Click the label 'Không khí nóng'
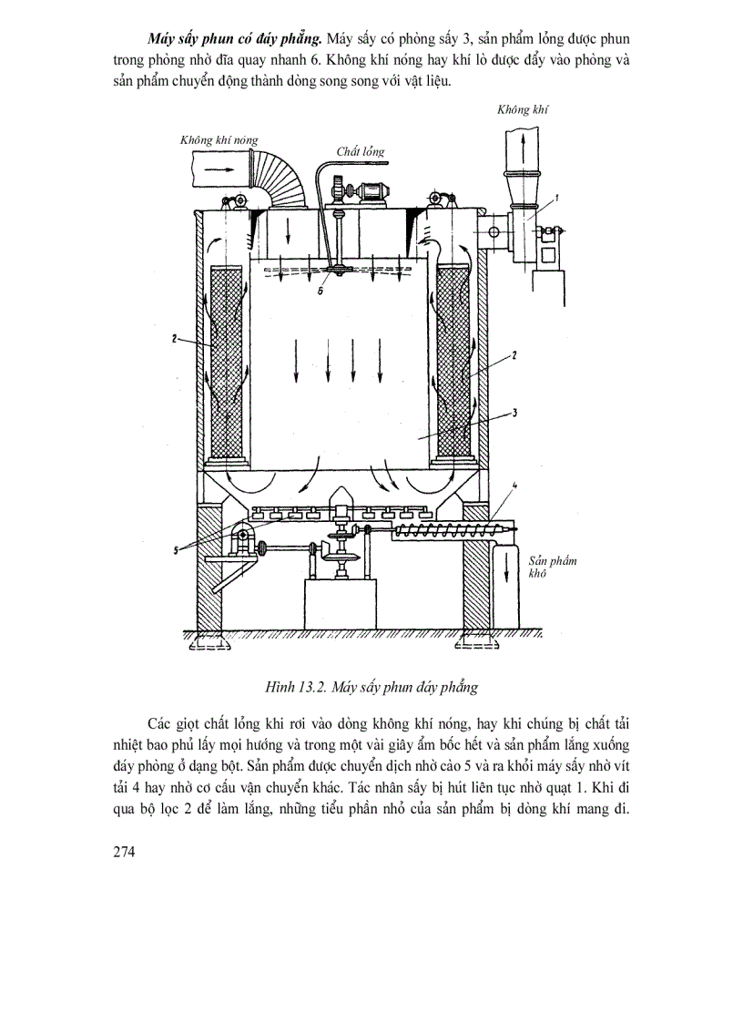point(219,140)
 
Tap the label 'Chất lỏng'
point(360,150)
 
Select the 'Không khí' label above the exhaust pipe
point(523,109)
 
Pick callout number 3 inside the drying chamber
point(514,413)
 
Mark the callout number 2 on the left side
point(171,339)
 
